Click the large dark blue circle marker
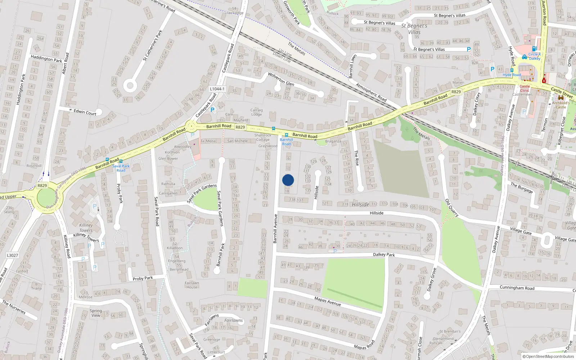(x=288, y=180)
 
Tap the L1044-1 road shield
(x=217, y=89)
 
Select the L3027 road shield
(x=12, y=255)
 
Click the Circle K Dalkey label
(x=534, y=57)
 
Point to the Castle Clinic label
(x=525, y=88)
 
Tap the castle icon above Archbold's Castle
(x=561, y=98)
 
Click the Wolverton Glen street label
(x=281, y=79)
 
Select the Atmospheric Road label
(x=371, y=92)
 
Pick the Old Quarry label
(x=452, y=208)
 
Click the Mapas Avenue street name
(x=328, y=301)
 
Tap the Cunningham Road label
(x=517, y=288)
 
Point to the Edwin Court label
(x=85, y=112)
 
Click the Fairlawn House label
(x=192, y=285)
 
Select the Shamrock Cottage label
(x=263, y=137)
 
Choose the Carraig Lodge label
(x=256, y=112)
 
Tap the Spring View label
(x=96, y=313)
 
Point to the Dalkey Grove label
(x=432, y=279)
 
